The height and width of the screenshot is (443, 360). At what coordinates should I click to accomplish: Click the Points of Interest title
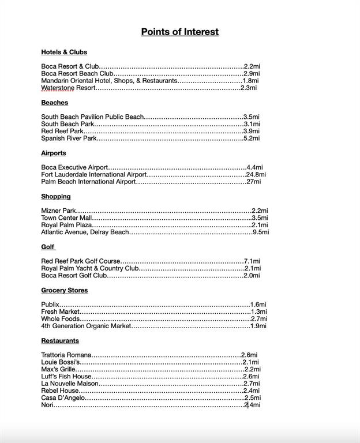(x=180, y=32)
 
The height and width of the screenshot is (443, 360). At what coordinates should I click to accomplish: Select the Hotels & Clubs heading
(x=64, y=52)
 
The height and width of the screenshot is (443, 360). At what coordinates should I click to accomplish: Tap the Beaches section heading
(x=54, y=103)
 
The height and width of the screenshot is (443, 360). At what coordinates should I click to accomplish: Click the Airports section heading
(x=54, y=153)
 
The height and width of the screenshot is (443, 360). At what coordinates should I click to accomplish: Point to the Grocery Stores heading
(x=65, y=290)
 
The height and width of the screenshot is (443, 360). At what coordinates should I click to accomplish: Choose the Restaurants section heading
(x=60, y=340)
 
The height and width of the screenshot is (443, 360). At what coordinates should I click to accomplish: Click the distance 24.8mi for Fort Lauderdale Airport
(x=256, y=174)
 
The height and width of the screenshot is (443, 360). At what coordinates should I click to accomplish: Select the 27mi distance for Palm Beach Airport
(x=254, y=182)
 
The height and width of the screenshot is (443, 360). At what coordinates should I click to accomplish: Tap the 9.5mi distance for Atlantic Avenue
(x=261, y=232)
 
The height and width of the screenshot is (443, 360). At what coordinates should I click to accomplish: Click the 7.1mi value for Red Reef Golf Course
(x=252, y=261)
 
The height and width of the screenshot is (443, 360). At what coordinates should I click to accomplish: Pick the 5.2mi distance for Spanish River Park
(x=252, y=138)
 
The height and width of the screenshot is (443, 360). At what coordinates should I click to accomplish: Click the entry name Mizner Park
(x=58, y=211)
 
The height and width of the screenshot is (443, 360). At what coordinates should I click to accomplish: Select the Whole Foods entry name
(x=60, y=319)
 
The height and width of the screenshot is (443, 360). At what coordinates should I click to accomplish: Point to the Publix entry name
(x=50, y=305)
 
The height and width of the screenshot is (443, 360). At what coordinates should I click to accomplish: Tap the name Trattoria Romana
(x=66, y=355)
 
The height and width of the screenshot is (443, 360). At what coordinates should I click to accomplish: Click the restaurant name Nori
(x=47, y=405)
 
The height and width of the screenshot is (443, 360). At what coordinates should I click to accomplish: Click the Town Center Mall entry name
(x=66, y=218)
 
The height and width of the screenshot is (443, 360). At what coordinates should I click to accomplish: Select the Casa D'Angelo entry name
(x=63, y=398)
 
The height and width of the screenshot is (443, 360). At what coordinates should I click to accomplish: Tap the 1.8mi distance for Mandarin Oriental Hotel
(x=250, y=81)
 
